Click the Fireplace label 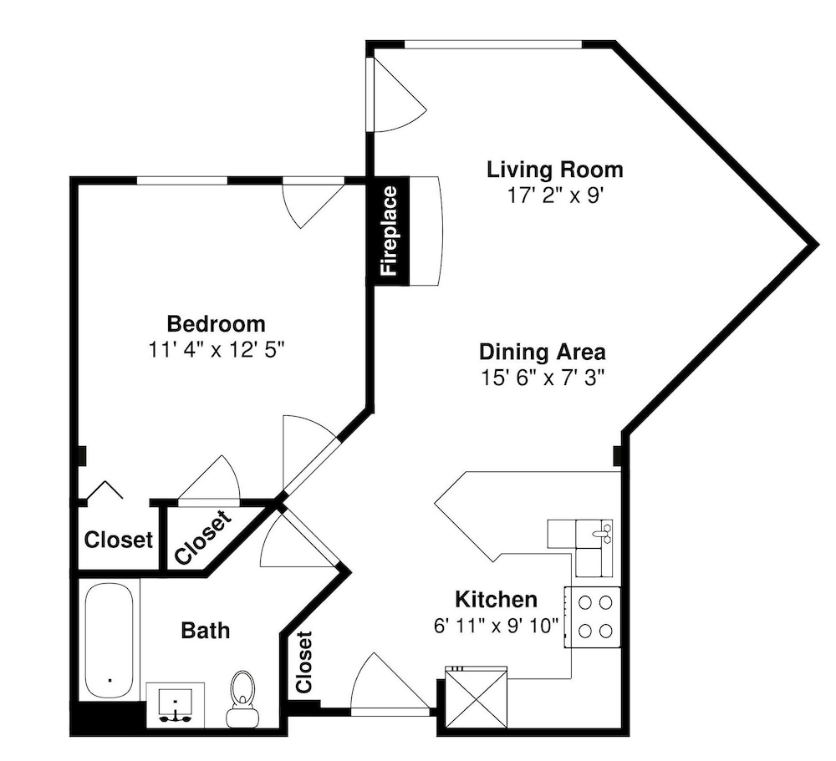click(x=390, y=231)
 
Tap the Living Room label click(x=554, y=170)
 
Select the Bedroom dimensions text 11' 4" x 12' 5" click(x=216, y=350)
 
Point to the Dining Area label click(x=543, y=353)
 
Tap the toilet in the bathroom click(x=242, y=698)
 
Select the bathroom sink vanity click(x=176, y=705)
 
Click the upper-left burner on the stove click(x=585, y=603)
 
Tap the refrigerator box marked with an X click(x=476, y=696)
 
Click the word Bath click(x=206, y=631)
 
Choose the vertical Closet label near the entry click(x=303, y=662)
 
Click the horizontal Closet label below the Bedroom click(x=119, y=540)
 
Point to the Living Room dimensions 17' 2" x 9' click(x=554, y=195)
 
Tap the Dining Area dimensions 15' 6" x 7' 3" click(x=543, y=378)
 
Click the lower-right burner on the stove click(x=605, y=632)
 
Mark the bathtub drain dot click(x=110, y=680)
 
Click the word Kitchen click(x=496, y=600)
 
